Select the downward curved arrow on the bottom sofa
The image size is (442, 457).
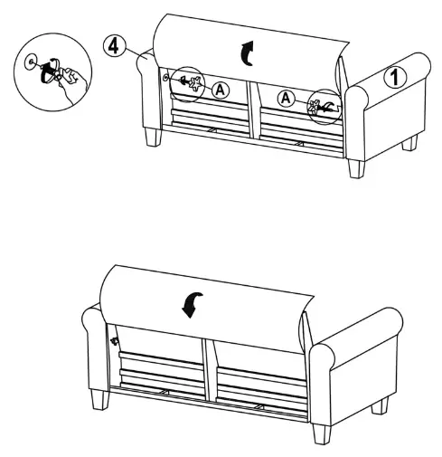click(x=192, y=305)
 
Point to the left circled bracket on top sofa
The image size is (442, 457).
click(x=190, y=84)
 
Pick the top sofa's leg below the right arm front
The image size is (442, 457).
click(x=355, y=167)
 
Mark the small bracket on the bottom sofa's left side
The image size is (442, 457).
click(x=115, y=341)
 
